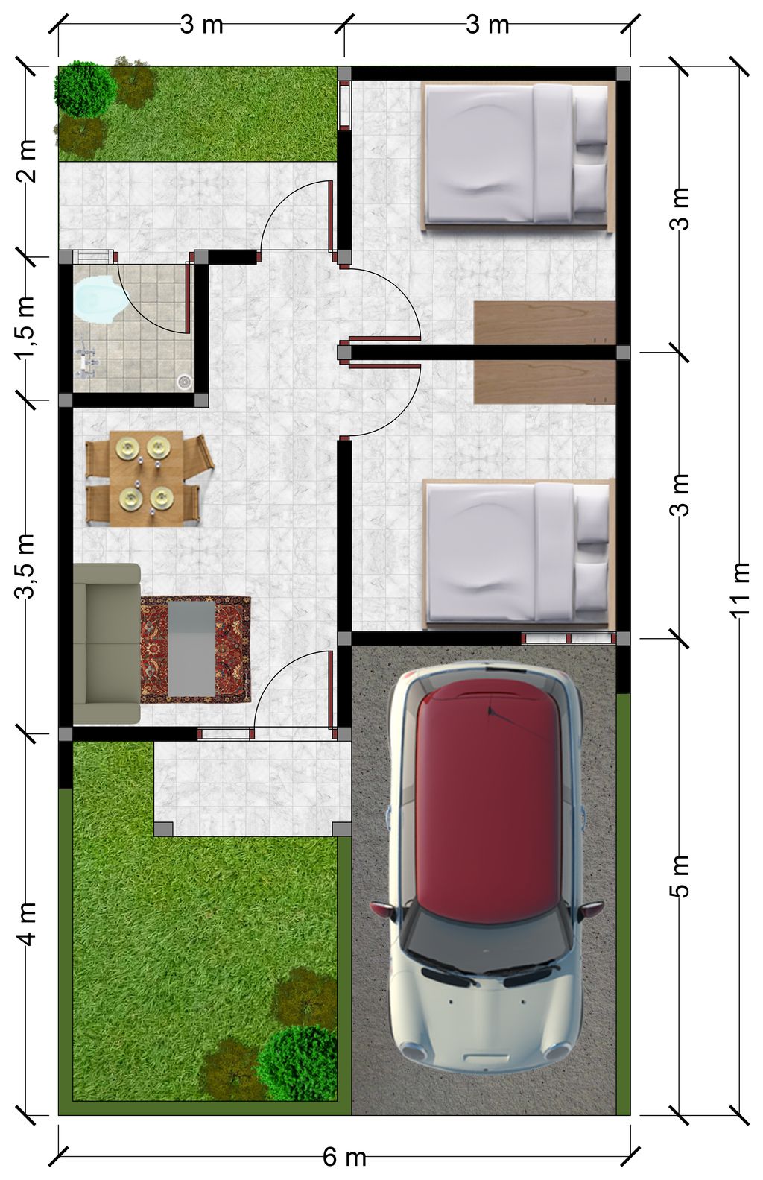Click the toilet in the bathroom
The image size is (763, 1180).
100,300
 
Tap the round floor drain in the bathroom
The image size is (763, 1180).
184,380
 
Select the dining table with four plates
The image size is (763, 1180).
146,479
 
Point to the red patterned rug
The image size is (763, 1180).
195,650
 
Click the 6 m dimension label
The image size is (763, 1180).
344,1157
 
